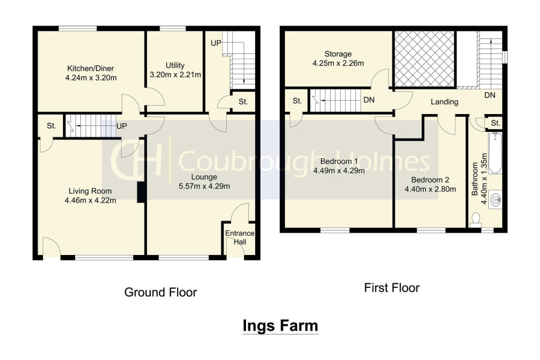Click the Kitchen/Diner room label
(91, 68)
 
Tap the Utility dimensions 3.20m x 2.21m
(175, 75)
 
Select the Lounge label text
(204, 177)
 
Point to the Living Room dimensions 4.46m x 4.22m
(90, 200)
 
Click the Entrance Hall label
(239, 238)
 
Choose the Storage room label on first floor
(338, 54)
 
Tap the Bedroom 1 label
(339, 161)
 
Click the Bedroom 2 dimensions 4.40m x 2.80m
(430, 189)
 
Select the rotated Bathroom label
(475, 179)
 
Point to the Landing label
(444, 101)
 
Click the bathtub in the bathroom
(495, 154)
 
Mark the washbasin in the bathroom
(495, 199)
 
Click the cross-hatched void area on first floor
(424, 59)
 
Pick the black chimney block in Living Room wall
(141, 192)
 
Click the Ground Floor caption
(160, 292)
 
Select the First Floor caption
(392, 287)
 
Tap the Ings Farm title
(280, 326)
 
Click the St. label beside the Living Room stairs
(52, 126)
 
